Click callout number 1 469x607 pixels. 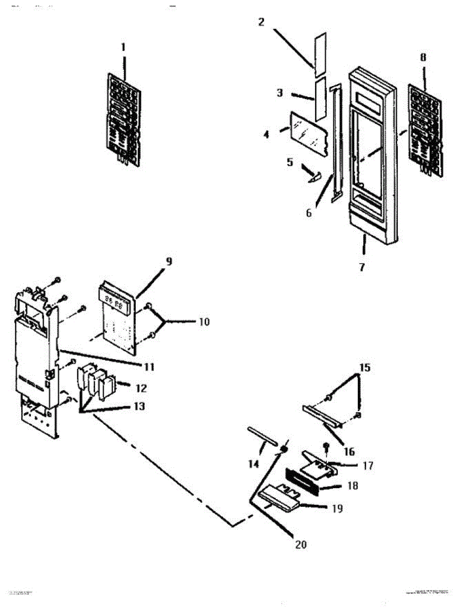[123, 47]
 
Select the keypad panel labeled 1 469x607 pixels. [124, 117]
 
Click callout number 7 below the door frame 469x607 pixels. [362, 267]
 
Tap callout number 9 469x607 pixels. [169, 262]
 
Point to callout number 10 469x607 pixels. [204, 321]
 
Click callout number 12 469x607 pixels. [141, 388]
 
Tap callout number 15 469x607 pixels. [364, 368]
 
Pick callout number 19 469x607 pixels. [337, 508]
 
